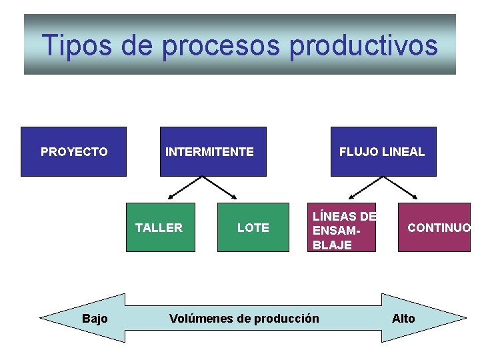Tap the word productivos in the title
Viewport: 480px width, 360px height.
pos(363,45)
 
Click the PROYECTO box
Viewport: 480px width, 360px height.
pos(73,151)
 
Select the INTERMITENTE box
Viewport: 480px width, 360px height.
pos(213,151)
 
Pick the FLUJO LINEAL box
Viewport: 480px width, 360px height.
pos(383,151)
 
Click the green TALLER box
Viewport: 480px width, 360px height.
pos(161,227)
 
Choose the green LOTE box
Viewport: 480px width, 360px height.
pos(253,227)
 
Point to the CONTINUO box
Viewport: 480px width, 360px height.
pos(434,227)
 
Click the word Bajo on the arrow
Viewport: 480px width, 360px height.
pos(95,318)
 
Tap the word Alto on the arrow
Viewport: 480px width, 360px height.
pos(403,318)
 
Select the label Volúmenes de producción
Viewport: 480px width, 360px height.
pos(244,318)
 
